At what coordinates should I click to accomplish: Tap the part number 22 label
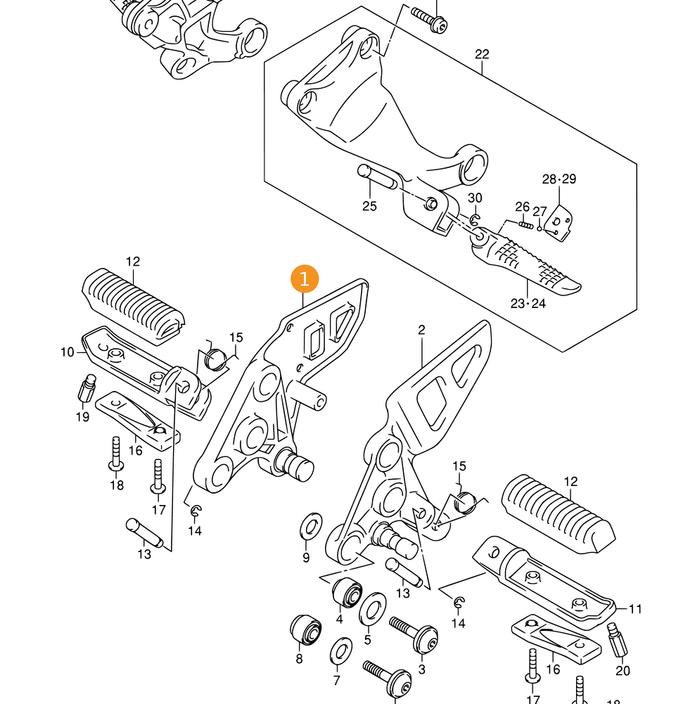click(x=482, y=54)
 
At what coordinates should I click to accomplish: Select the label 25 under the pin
click(x=369, y=206)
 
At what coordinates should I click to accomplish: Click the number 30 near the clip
click(x=476, y=198)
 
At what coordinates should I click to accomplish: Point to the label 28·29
click(x=559, y=179)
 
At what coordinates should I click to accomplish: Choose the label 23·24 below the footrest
click(x=528, y=304)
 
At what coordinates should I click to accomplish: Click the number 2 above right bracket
click(x=421, y=330)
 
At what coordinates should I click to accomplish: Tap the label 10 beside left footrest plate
click(x=68, y=352)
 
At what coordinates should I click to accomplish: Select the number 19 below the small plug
click(x=82, y=417)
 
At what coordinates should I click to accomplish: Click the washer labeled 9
click(x=310, y=525)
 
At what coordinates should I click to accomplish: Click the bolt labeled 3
click(x=414, y=635)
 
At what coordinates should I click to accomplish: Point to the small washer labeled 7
click(x=341, y=651)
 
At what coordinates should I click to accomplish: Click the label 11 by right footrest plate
click(x=635, y=609)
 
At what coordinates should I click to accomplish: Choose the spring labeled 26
click(x=525, y=224)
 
